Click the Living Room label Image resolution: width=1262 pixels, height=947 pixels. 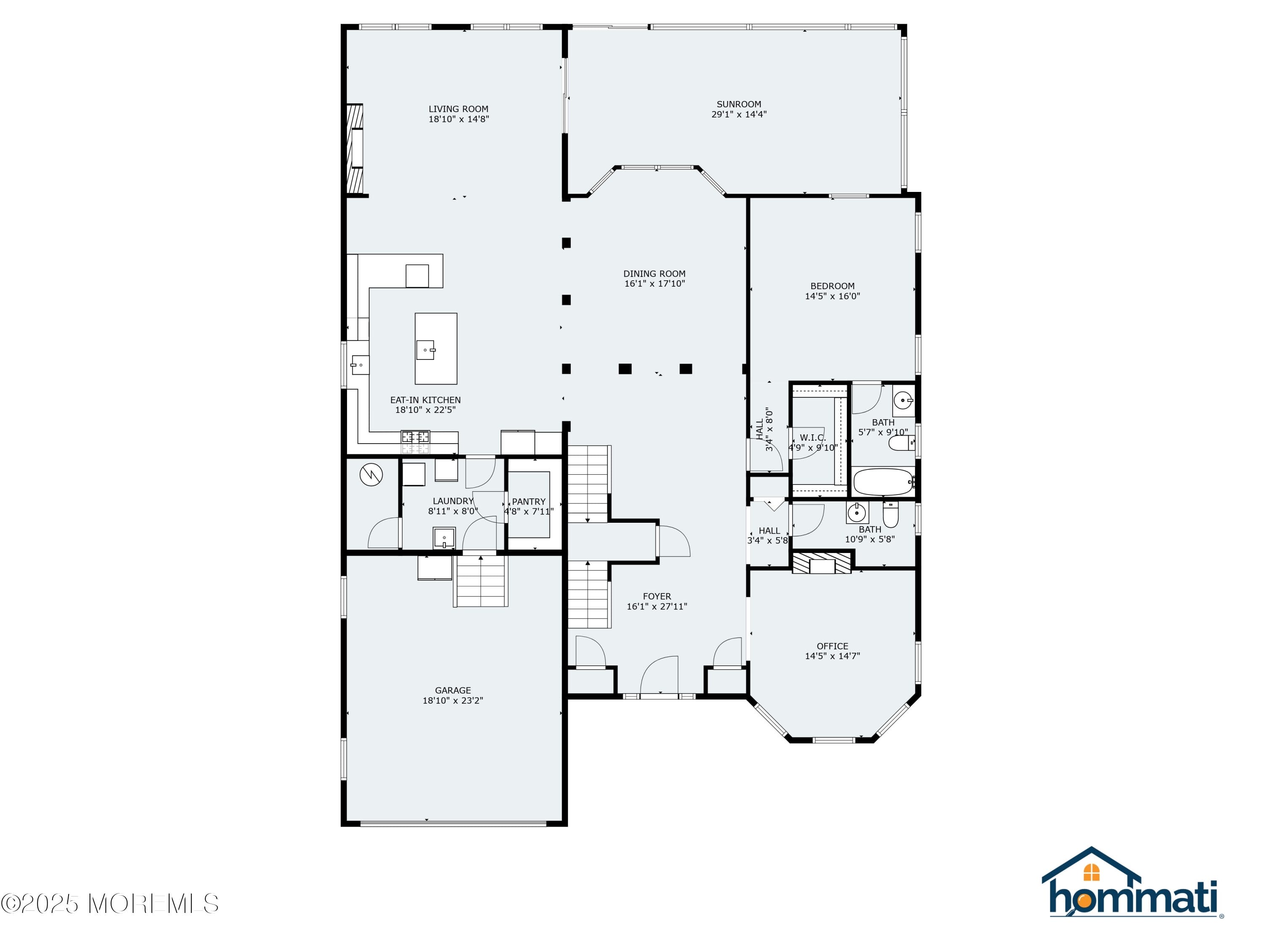click(x=458, y=109)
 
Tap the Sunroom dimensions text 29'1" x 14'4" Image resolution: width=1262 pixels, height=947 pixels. click(x=738, y=114)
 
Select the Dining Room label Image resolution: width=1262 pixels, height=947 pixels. click(x=655, y=274)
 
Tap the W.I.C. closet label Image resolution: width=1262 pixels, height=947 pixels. click(x=812, y=438)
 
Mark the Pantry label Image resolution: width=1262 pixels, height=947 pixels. click(x=528, y=502)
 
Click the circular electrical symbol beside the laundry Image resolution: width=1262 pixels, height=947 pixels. click(x=371, y=474)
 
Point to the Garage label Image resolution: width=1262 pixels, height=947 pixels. click(x=453, y=690)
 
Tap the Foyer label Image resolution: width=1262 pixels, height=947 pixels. click(x=657, y=596)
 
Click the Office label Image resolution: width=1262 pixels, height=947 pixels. click(x=832, y=646)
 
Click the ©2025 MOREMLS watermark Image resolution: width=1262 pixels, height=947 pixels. click(x=109, y=903)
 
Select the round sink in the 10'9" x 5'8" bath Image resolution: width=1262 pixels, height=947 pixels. click(x=856, y=513)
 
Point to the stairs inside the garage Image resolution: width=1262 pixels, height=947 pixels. click(x=481, y=580)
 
